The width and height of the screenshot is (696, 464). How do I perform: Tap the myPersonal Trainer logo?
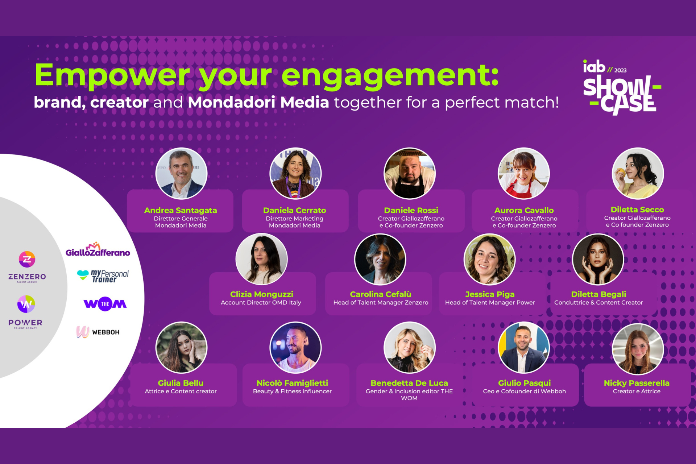[x=103, y=276]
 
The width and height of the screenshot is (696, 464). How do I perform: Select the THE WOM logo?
[x=105, y=304]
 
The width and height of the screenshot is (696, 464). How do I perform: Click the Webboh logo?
[x=98, y=332]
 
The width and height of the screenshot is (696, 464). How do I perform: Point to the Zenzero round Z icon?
[x=27, y=259]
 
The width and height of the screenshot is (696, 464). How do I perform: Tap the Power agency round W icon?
[x=26, y=304]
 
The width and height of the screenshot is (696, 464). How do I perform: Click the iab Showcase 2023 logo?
[x=622, y=87]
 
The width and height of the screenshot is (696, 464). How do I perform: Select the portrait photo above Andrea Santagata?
[x=181, y=173]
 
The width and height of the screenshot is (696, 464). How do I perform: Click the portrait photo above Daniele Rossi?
[x=410, y=173]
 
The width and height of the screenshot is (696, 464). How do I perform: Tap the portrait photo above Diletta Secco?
[x=638, y=173]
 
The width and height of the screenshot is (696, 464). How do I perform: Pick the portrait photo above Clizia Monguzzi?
[x=261, y=259]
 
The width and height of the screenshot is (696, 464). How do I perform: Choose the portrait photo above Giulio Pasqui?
[x=523, y=348]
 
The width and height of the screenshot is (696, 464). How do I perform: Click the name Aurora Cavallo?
[x=524, y=210]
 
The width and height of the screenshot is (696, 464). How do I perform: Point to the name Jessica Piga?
[x=490, y=294]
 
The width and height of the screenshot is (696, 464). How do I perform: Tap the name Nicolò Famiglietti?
[x=292, y=383]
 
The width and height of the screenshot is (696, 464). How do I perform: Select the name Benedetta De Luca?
[x=409, y=383]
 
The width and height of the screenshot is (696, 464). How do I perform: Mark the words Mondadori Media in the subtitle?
[x=258, y=102]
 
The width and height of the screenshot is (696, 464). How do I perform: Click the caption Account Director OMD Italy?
[x=261, y=303]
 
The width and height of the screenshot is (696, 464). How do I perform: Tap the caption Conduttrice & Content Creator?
[x=598, y=303]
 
